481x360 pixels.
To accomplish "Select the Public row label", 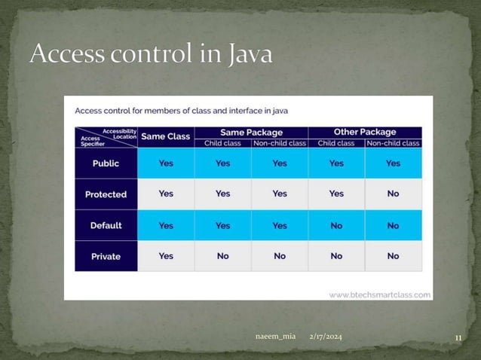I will [106, 163].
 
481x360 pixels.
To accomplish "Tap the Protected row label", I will [106, 194].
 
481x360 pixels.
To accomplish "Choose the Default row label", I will [106, 225].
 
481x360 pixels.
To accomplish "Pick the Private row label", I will [106, 256].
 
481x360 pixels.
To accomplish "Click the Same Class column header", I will [166, 136].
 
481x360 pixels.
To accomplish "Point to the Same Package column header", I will [251, 132].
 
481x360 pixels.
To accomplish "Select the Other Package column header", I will [365, 132].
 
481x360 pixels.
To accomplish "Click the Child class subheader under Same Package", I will [222, 142].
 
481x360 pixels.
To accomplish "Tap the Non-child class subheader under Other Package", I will [393, 142].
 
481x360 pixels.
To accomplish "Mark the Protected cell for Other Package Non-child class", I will [393, 194].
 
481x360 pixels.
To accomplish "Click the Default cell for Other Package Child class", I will [336, 225].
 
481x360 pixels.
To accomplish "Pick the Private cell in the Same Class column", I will [166, 256].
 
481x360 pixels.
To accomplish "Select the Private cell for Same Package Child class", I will [222, 256].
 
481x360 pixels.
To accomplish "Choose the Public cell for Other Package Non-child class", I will [393, 163].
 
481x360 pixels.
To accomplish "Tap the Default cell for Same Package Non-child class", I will [280, 225].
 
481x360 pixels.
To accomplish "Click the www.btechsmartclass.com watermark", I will [380, 294].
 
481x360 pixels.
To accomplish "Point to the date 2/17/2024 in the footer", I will [326, 337].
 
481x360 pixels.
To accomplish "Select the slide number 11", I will [458, 337].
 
